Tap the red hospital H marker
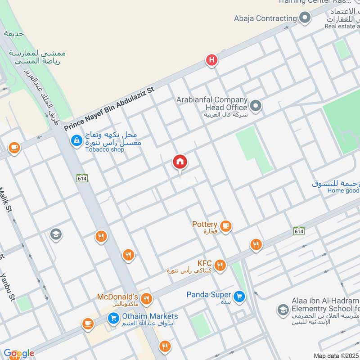(x=211, y=60)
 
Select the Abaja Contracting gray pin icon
(x=305, y=18)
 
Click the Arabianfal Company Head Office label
(x=212, y=103)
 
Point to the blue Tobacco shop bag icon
(x=76, y=141)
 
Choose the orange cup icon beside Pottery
(x=226, y=226)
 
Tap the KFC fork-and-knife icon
(x=220, y=265)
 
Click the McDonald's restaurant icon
(x=146, y=299)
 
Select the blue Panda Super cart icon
(x=239, y=296)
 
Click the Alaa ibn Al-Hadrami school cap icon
(x=283, y=310)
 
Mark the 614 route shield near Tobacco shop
(x=82, y=178)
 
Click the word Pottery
(x=205, y=224)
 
